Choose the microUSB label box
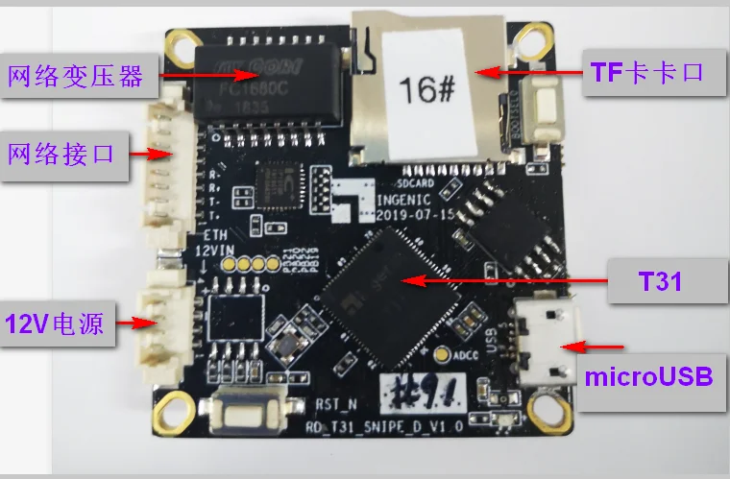tap(649, 376)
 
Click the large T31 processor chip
tap(398, 279)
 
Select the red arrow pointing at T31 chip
tap(504, 280)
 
